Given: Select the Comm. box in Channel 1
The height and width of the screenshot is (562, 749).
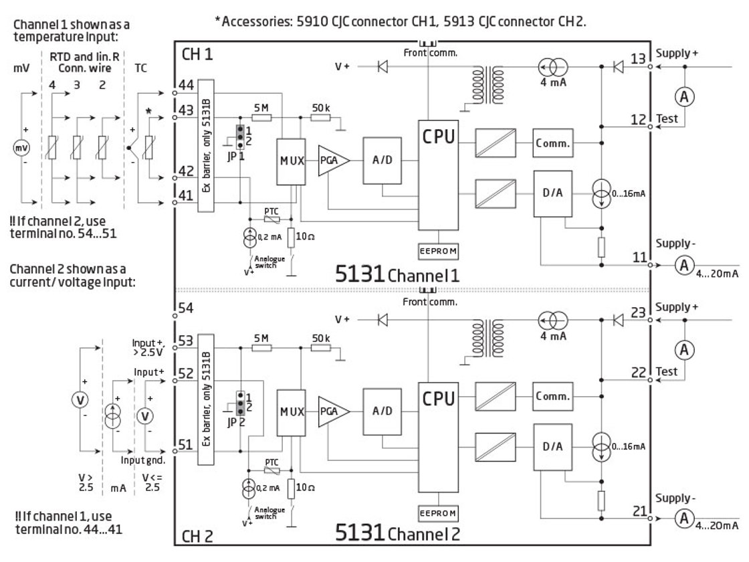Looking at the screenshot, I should [553, 143].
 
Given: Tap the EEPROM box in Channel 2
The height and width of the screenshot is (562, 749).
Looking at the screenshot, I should [437, 513].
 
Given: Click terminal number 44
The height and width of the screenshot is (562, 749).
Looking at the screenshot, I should [187, 86].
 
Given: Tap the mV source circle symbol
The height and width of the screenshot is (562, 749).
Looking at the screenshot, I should [22, 147].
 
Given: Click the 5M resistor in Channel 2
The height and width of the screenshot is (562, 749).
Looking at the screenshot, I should [261, 349].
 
